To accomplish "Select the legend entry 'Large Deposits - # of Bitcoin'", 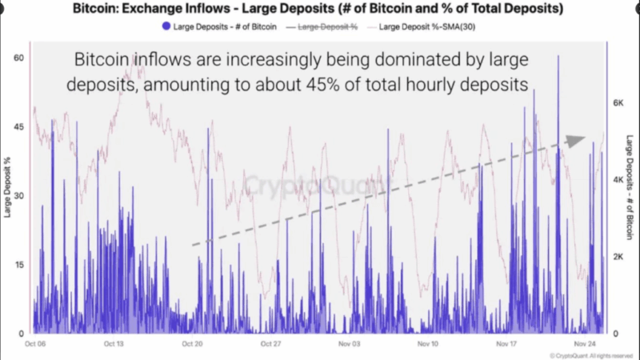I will coord(220,26).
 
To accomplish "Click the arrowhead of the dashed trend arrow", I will coord(576,141).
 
